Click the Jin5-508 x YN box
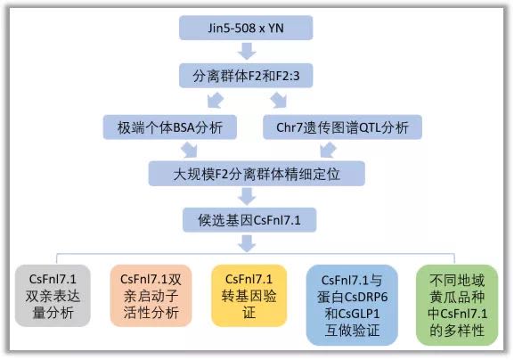click(x=246, y=28)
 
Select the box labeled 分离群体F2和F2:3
click(x=246, y=76)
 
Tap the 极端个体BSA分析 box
click(x=170, y=127)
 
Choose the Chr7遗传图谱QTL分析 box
click(x=342, y=127)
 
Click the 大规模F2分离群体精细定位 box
click(x=257, y=174)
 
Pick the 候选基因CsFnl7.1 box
click(x=249, y=220)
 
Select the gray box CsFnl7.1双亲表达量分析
click(x=53, y=296)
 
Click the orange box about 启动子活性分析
click(x=151, y=296)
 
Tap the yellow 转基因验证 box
click(x=249, y=296)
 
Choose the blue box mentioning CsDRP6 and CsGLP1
click(x=352, y=305)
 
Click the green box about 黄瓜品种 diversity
click(x=457, y=305)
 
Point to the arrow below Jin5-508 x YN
click(x=247, y=51)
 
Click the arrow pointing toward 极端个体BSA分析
click(x=216, y=101)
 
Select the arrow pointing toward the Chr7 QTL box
click(x=279, y=101)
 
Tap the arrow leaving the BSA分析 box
click(x=190, y=151)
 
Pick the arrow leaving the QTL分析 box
click(x=328, y=151)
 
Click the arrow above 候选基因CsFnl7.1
click(x=247, y=197)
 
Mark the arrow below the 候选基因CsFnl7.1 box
click(x=247, y=243)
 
